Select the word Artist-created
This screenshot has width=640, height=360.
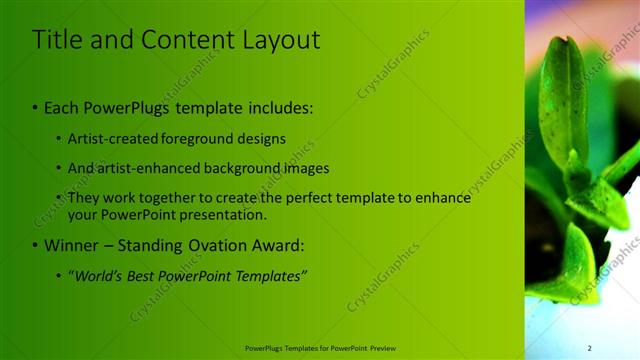click(109, 138)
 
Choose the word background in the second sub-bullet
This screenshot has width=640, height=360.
click(245, 168)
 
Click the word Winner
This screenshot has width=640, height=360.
click(72, 245)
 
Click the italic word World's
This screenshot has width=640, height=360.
click(98, 275)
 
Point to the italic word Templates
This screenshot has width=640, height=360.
click(270, 275)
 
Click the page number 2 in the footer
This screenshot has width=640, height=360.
click(589, 348)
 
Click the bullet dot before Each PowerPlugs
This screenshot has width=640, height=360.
click(36, 107)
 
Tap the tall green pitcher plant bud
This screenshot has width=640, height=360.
click(564, 100)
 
